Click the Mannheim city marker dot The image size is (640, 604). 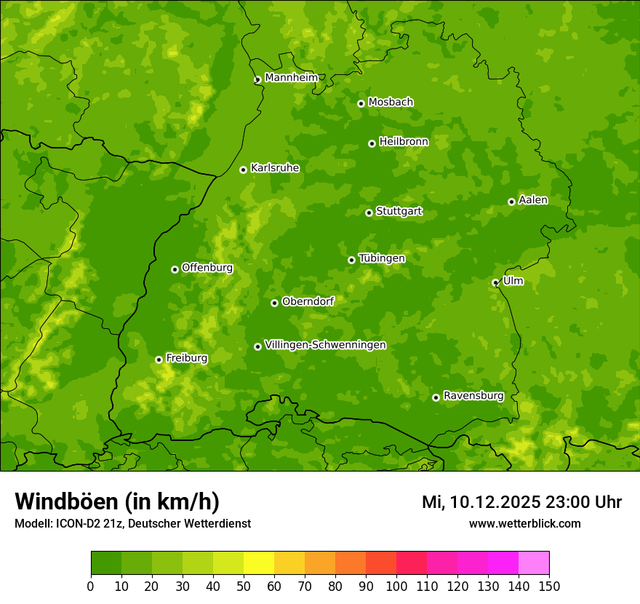[x=257, y=80]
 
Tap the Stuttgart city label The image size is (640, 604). [x=399, y=212]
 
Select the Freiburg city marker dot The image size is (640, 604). [x=159, y=359]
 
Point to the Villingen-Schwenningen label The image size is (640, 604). [x=325, y=345]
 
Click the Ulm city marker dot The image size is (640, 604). [x=495, y=282]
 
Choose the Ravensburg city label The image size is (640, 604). [x=473, y=396]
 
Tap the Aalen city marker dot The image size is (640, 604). [x=511, y=202]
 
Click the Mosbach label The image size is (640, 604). [x=391, y=103]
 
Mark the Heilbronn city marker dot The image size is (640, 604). [x=372, y=143]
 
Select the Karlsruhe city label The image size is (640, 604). [x=274, y=168]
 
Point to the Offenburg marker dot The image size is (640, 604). [x=175, y=269]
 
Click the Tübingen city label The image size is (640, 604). [x=381, y=258]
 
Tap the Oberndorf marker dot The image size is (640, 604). [x=274, y=303]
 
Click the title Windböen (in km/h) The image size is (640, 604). [x=117, y=501]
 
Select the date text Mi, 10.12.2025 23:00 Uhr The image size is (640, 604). [x=521, y=502]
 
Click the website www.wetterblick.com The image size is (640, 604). [x=524, y=524]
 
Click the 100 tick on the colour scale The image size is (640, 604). [x=396, y=586]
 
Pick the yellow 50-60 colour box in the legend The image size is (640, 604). [x=259, y=563]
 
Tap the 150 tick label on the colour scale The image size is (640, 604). [x=549, y=586]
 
